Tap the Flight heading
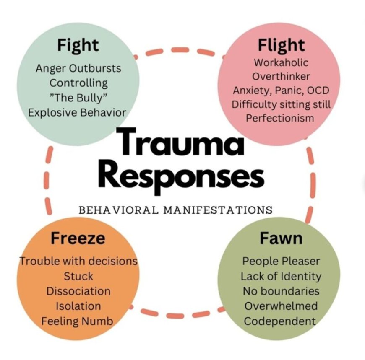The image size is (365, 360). pos(282,45)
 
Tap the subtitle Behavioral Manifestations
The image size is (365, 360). pos(176,210)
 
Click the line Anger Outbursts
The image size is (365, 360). pos(78,68)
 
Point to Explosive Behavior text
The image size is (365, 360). pos(78,112)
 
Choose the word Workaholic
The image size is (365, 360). pos(281,62)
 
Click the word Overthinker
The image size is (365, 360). pos(281,76)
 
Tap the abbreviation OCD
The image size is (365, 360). pos(318,90)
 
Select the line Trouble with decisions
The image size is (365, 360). pos(78,261)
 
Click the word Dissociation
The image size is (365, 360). pos(78,291)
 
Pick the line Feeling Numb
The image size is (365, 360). pos(77,321)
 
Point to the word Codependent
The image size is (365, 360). pos(280,321)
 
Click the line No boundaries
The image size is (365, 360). pos(281,291)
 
